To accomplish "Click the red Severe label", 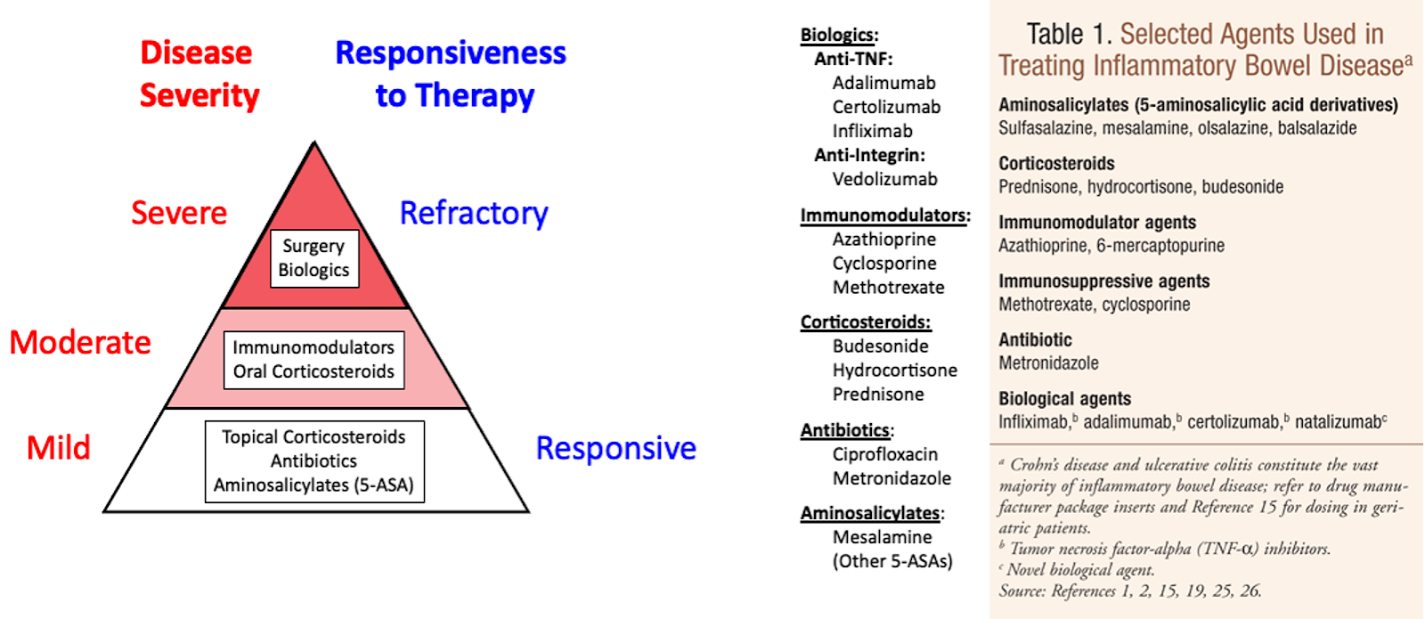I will click(179, 213).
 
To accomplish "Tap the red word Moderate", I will click(80, 342).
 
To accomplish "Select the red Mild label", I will click(59, 447).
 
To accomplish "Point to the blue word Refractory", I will click(474, 213).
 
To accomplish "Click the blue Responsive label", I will click(615, 447).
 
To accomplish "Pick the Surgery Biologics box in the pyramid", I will click(313, 258).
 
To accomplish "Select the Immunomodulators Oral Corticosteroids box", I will click(313, 360).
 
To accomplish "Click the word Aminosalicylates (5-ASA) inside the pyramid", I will click(313, 485).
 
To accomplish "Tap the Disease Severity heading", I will click(199, 74).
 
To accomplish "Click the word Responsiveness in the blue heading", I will click(451, 53).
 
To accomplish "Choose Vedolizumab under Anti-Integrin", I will click(884, 179).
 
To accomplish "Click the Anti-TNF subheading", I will click(853, 59).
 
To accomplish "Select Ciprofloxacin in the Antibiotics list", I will click(884, 454).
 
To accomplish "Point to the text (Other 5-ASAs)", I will click(892, 561).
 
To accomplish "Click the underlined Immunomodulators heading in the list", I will click(883, 216).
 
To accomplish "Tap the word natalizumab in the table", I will click(1338, 422).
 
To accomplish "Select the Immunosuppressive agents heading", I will click(1103, 281).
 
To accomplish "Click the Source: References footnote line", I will click(1129, 590).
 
